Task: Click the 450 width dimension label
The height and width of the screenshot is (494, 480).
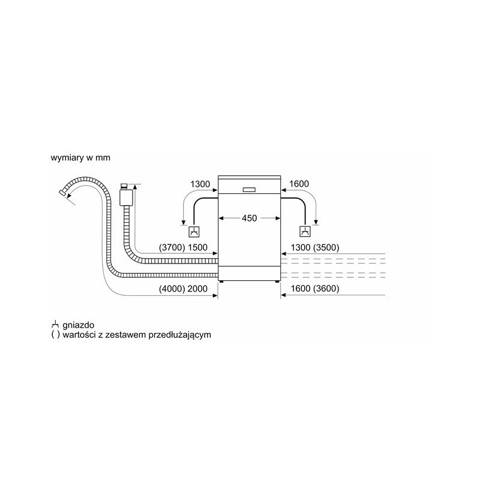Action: (x=249, y=218)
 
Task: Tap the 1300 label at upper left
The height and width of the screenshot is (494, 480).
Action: (x=200, y=184)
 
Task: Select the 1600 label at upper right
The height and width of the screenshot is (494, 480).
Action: (x=299, y=184)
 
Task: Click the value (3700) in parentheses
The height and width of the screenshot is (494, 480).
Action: (x=172, y=247)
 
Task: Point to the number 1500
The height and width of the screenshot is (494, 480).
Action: (x=197, y=247)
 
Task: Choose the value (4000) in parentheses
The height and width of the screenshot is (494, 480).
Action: (x=172, y=289)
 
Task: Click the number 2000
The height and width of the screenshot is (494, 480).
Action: (x=197, y=289)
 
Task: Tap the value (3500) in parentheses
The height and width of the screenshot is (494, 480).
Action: (x=326, y=247)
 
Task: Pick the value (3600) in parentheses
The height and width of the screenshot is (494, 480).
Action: (x=326, y=289)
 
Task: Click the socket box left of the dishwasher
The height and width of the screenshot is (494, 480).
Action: (x=194, y=232)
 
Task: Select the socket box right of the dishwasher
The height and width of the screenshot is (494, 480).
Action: (x=305, y=232)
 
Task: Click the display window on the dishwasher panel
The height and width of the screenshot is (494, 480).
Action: (x=249, y=190)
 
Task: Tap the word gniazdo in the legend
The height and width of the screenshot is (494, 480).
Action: (x=79, y=325)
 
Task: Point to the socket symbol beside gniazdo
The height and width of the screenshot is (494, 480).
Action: (x=55, y=324)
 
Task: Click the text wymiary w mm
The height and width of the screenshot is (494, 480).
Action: (x=80, y=157)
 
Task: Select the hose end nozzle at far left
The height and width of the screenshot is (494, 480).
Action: (x=62, y=193)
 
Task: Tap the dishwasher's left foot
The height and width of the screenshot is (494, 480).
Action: (x=221, y=282)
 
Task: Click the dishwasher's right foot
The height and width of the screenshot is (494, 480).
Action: (x=277, y=282)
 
